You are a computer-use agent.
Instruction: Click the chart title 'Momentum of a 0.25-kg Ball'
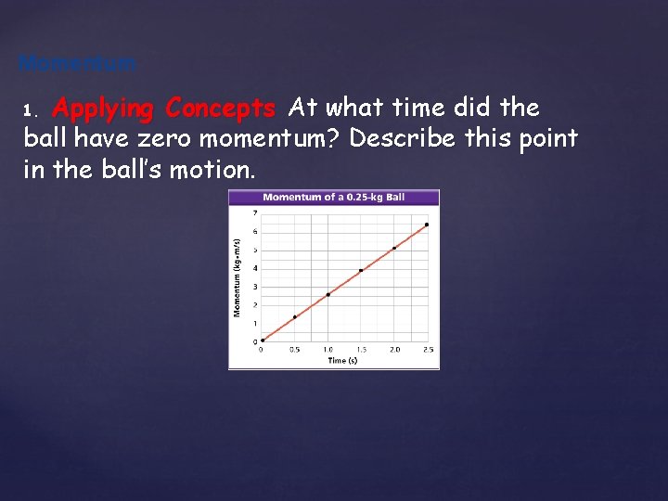(x=333, y=197)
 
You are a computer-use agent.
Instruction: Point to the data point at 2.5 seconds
(x=427, y=225)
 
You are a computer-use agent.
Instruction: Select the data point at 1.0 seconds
(x=328, y=294)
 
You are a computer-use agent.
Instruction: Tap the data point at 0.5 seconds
(x=295, y=317)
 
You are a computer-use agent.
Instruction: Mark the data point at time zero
(x=263, y=340)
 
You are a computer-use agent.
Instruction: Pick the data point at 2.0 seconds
(x=394, y=248)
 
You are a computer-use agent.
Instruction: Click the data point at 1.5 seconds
(x=361, y=271)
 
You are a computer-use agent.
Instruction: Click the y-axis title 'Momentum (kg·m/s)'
(x=238, y=276)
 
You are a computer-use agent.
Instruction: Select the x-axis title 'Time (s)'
(x=342, y=361)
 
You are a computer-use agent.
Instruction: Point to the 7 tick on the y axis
(x=255, y=213)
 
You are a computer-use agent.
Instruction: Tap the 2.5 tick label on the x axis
(x=427, y=350)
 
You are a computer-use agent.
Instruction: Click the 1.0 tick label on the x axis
(x=328, y=350)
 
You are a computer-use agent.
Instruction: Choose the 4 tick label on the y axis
(x=255, y=268)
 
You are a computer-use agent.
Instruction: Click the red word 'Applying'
(x=103, y=109)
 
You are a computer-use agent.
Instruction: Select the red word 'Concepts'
(x=219, y=109)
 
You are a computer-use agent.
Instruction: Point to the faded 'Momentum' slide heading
(x=78, y=64)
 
